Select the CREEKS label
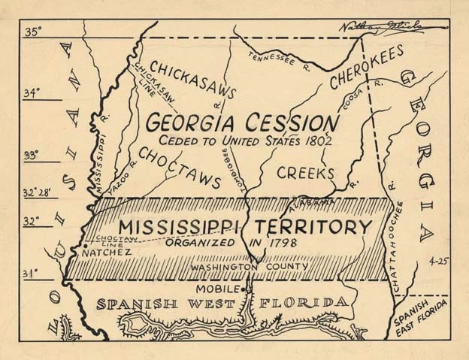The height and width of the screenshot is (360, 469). [305, 173]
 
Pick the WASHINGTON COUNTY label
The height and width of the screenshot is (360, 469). [249, 267]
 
